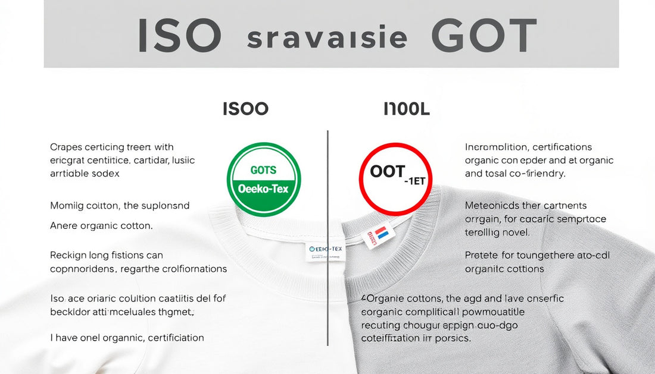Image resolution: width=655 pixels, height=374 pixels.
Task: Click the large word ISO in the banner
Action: pyautogui.click(x=179, y=35)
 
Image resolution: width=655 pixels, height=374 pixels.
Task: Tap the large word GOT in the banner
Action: pyautogui.click(x=484, y=35)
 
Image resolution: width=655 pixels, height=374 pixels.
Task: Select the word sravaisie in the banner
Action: pyautogui.click(x=327, y=37)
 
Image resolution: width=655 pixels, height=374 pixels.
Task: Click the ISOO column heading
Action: pyautogui.click(x=245, y=109)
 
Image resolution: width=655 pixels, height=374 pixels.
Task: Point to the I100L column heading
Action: pyautogui.click(x=407, y=109)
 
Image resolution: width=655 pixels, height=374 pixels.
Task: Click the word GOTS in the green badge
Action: pyautogui.click(x=263, y=170)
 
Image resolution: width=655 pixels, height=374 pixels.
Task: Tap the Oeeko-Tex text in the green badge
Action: pyautogui.click(x=264, y=189)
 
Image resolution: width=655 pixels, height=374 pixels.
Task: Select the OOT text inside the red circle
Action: pyautogui.click(x=388, y=172)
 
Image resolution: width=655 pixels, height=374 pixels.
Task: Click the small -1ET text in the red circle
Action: pyautogui.click(x=416, y=181)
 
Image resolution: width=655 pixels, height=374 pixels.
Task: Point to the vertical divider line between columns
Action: pyautogui.click(x=327, y=238)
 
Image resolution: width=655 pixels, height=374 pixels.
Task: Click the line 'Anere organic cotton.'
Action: pyautogui.click(x=101, y=226)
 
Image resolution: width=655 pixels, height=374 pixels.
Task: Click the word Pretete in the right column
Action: pyautogui.click(x=482, y=255)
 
